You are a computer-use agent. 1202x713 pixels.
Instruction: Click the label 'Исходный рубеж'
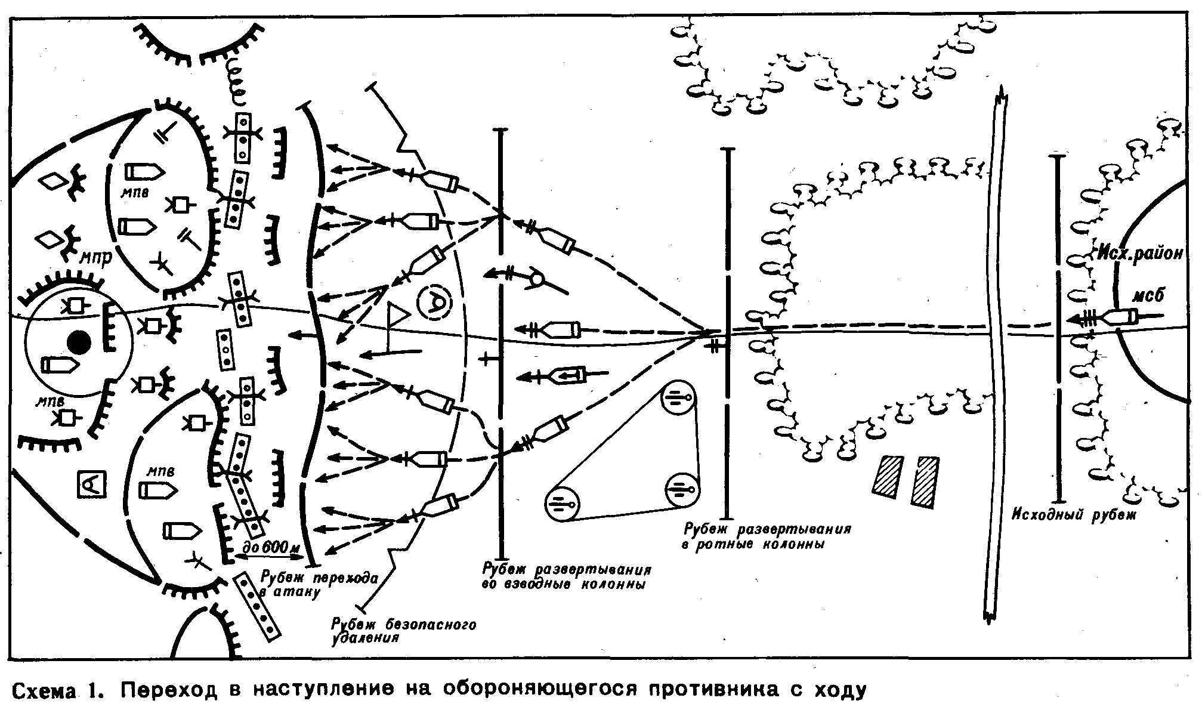pos(1074,514)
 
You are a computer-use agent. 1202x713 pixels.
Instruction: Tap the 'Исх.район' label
pos(1139,254)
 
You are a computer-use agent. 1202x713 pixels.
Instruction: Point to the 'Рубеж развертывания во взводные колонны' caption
pos(566,576)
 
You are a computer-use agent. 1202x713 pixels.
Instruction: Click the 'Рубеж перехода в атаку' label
pos(320,584)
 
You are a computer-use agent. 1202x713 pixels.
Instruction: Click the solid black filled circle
pos(79,342)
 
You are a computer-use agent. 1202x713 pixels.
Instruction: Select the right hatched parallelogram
pos(925,482)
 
